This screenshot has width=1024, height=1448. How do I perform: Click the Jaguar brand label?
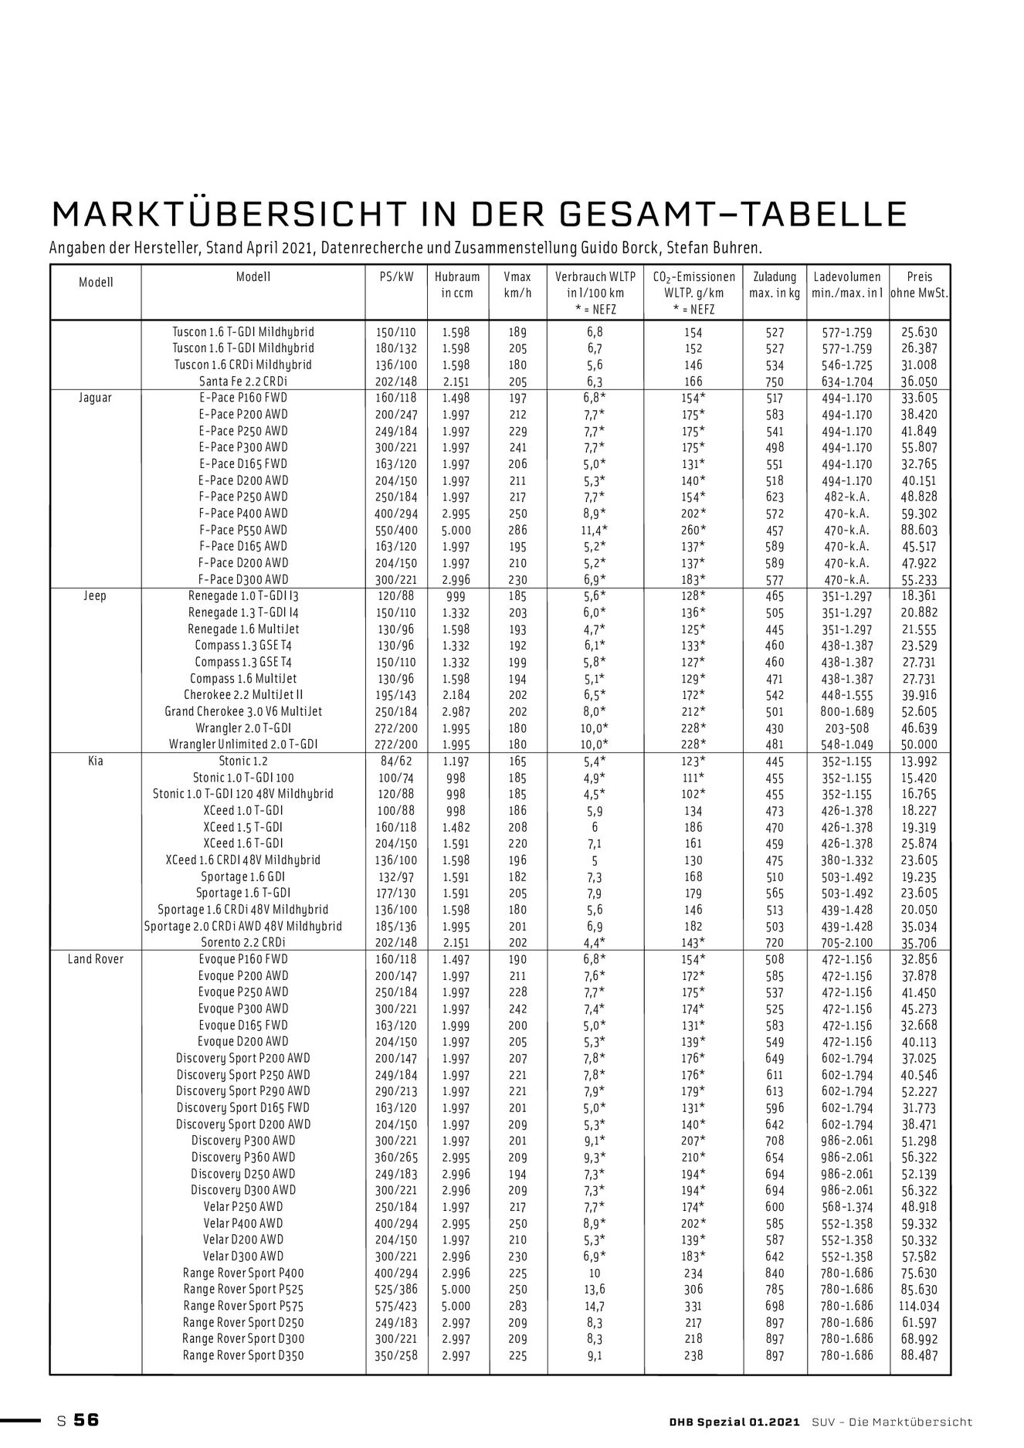(x=95, y=398)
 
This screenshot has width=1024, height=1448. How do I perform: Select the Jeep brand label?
(x=95, y=596)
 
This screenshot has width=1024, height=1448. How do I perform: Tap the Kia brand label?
(x=95, y=761)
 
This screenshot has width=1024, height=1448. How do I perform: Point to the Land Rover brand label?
(x=95, y=959)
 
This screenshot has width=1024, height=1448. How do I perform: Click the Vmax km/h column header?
(x=517, y=285)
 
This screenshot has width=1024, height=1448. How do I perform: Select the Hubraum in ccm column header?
(x=456, y=285)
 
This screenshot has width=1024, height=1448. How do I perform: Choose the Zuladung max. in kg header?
(x=774, y=285)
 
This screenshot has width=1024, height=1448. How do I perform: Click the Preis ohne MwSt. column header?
(x=919, y=285)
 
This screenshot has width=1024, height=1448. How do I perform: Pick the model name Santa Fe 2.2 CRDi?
(x=242, y=381)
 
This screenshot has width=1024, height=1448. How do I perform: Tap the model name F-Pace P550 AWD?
(x=242, y=530)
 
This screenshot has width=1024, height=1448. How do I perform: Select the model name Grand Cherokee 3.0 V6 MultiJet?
(x=242, y=711)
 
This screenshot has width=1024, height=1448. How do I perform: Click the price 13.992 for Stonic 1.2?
(x=919, y=761)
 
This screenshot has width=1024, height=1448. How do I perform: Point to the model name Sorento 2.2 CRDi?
(x=242, y=942)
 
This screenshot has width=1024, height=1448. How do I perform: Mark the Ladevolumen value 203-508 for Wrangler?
(x=847, y=728)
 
